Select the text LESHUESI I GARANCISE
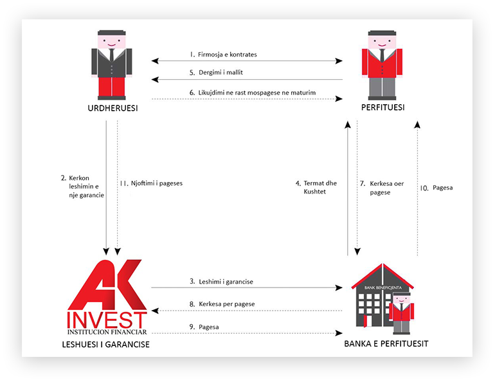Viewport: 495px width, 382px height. click(x=107, y=345)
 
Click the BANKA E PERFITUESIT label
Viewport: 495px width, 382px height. click(x=386, y=344)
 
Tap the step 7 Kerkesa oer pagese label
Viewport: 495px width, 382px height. click(x=381, y=187)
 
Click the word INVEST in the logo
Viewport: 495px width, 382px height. click(x=107, y=319)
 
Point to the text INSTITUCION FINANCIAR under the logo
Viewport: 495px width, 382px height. click(x=107, y=332)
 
